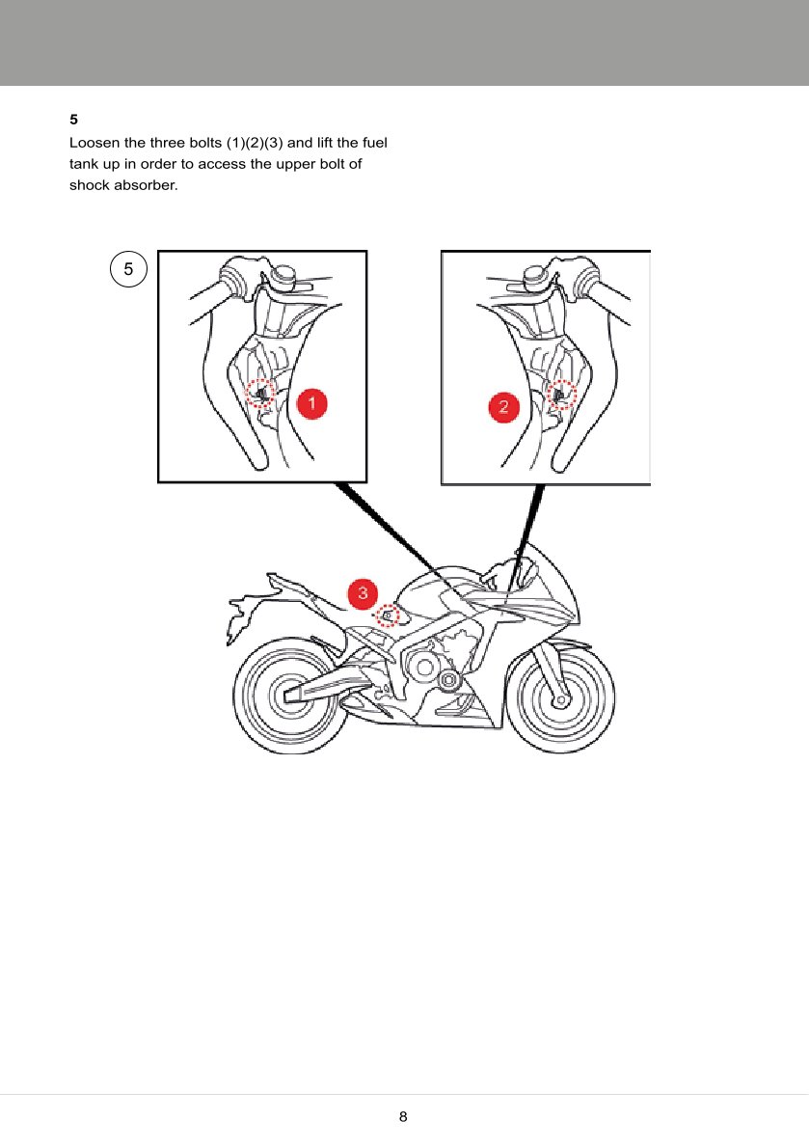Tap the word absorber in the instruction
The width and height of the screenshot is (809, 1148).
coord(145,184)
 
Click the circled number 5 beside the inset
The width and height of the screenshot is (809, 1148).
coord(128,269)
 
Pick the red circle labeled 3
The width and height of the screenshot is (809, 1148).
coord(362,592)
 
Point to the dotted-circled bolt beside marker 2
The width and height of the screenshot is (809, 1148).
coord(561,395)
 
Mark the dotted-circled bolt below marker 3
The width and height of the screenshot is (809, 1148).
coord(387,615)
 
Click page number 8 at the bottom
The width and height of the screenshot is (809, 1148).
coord(404,1117)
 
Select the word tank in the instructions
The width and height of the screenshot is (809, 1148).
coord(83,164)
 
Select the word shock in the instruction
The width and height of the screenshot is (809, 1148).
coord(90,184)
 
